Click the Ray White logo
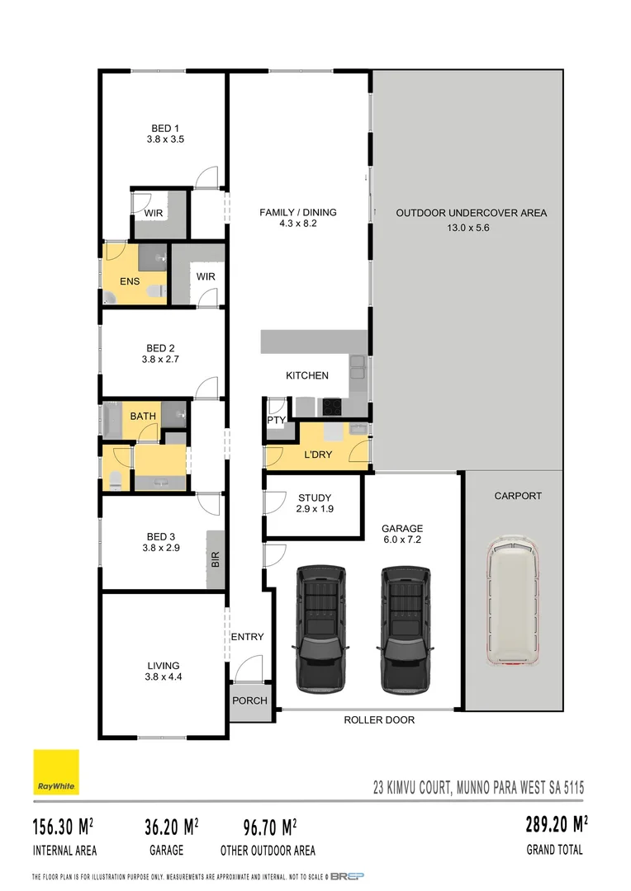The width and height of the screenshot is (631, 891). pos(56,772)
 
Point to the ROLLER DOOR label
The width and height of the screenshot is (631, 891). pos(379,720)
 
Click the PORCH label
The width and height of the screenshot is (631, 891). pos(249,700)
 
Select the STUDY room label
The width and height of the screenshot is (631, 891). pos(314,497)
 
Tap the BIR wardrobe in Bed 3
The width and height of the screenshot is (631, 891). pos(216,559)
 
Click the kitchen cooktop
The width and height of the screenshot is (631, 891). pos(332,406)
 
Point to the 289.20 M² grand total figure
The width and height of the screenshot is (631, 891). pos(556,824)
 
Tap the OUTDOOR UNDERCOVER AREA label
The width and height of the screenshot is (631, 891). pos(471,213)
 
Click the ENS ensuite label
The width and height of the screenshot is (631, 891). pos(130,282)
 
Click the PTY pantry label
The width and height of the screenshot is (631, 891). pos(276,419)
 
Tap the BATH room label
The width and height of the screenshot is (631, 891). pos(143,416)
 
